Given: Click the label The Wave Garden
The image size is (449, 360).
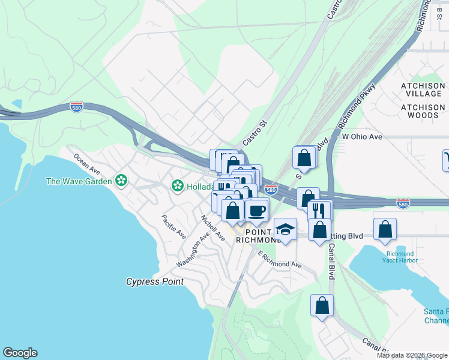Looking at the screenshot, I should tap(79, 181).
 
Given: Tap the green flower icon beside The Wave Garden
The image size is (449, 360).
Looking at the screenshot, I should tap(121, 181).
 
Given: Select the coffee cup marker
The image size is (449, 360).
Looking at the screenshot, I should tap(257, 211).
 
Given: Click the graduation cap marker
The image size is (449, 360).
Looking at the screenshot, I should tap(285, 230).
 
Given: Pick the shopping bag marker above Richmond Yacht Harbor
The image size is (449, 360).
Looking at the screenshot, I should tap(385, 229).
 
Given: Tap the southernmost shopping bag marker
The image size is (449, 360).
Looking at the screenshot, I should tap(322, 305).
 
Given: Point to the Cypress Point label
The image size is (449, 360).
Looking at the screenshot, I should tap(154, 281).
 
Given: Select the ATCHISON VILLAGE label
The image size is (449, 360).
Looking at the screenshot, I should tap(423, 90).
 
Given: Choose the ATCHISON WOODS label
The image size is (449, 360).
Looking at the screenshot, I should tap(423, 111).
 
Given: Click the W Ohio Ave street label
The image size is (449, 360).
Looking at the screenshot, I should tap(362, 137).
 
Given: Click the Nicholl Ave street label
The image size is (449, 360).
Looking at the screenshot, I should tap(212, 228).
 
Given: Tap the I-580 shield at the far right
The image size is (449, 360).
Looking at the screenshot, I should tap(403, 204).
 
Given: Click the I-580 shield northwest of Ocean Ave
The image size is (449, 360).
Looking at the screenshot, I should tap(76, 107).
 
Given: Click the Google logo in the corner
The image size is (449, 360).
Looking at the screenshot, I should tap(20, 353).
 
